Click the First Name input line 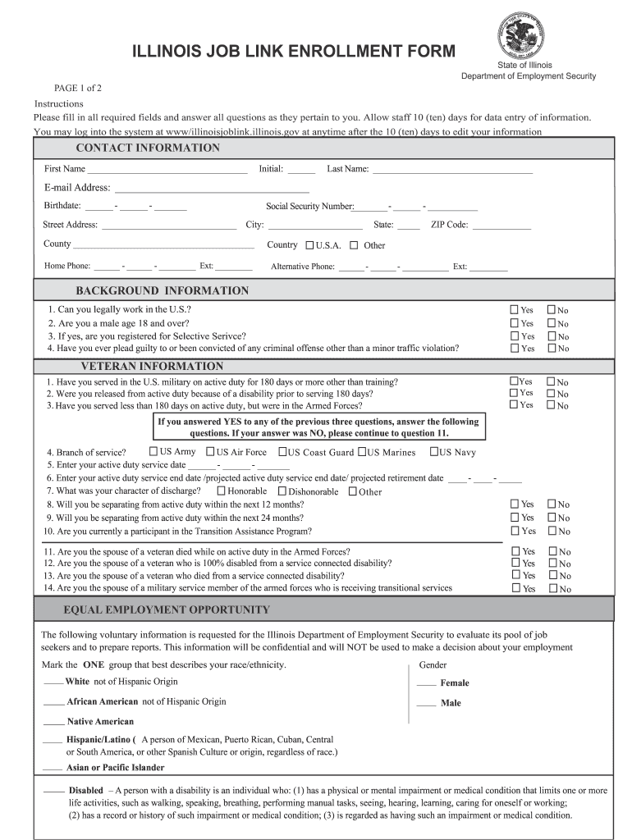(x=167, y=170)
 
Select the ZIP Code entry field (x=501, y=226)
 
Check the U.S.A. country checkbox (x=309, y=244)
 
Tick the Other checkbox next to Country (x=354, y=244)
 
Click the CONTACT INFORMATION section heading (x=148, y=148)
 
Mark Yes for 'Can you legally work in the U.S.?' (x=514, y=310)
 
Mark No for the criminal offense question (x=552, y=349)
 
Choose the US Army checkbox (x=153, y=451)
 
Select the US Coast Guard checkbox (x=282, y=452)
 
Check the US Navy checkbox (x=434, y=452)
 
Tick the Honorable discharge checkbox (x=221, y=491)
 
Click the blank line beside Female (x=426, y=683)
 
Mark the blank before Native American (x=53, y=723)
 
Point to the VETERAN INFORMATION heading (x=151, y=367)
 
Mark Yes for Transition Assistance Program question (x=515, y=531)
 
